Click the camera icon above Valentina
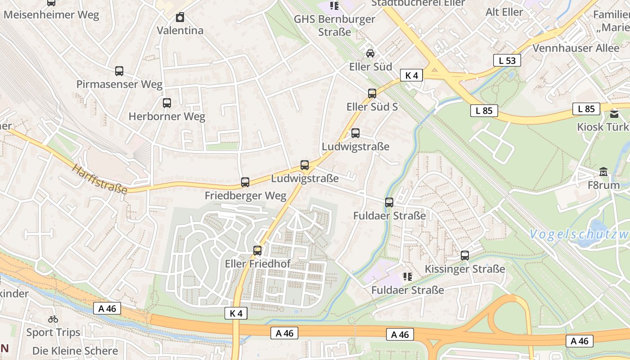coord(180,18)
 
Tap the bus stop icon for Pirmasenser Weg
coord(119,71)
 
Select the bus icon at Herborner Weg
coord(167,103)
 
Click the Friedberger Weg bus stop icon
coord(245,182)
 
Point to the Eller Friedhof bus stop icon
coord(257,251)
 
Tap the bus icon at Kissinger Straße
coord(465,256)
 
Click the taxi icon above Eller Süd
coord(370,54)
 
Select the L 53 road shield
coord(507,60)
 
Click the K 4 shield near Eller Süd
coord(412,75)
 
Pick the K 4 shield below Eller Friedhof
coord(236,313)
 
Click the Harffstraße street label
coord(99,179)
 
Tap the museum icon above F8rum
coord(603,172)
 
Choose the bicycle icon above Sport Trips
coord(53,319)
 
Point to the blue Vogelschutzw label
coord(579,234)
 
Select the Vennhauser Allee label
coord(576,48)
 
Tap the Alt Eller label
coord(504,12)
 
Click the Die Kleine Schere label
coord(75,351)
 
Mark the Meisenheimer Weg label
coord(51,15)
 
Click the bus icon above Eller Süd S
coord(372,94)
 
